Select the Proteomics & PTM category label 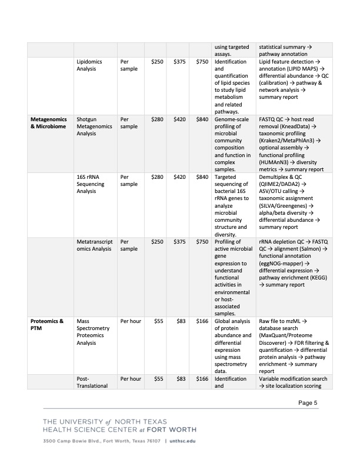tap(46, 324)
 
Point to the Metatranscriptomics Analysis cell tap(94, 245)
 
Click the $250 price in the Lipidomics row tap(157, 61)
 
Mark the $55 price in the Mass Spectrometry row tap(158, 321)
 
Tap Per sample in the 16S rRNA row tap(129, 179)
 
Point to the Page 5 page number tap(308, 402)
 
